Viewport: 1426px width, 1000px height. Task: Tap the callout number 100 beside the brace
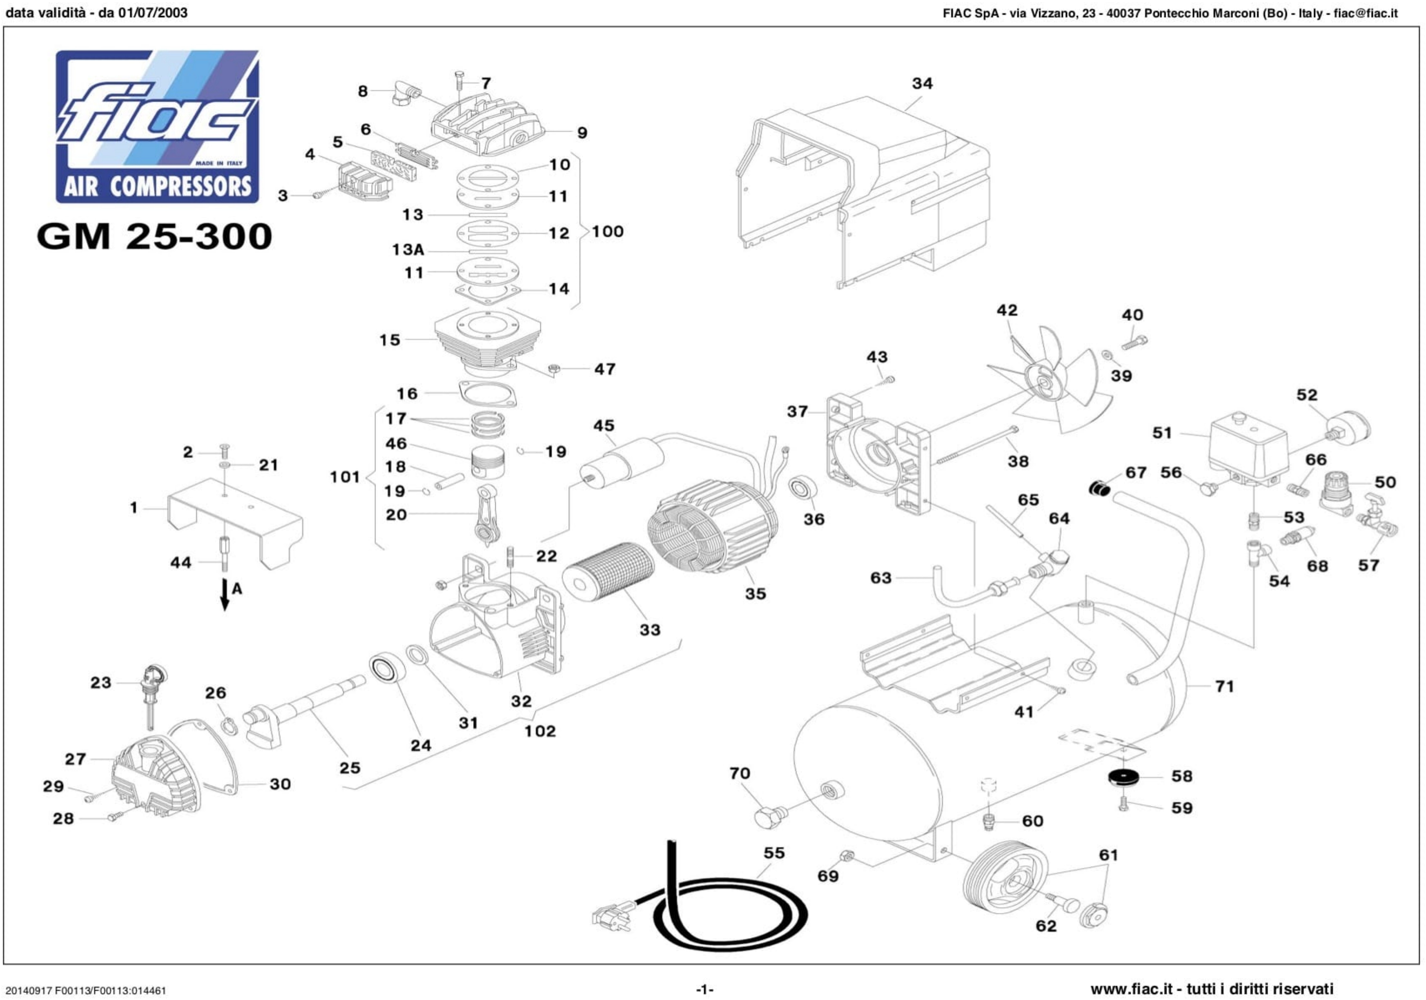tap(607, 232)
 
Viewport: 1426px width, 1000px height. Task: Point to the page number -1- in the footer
tap(704, 989)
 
